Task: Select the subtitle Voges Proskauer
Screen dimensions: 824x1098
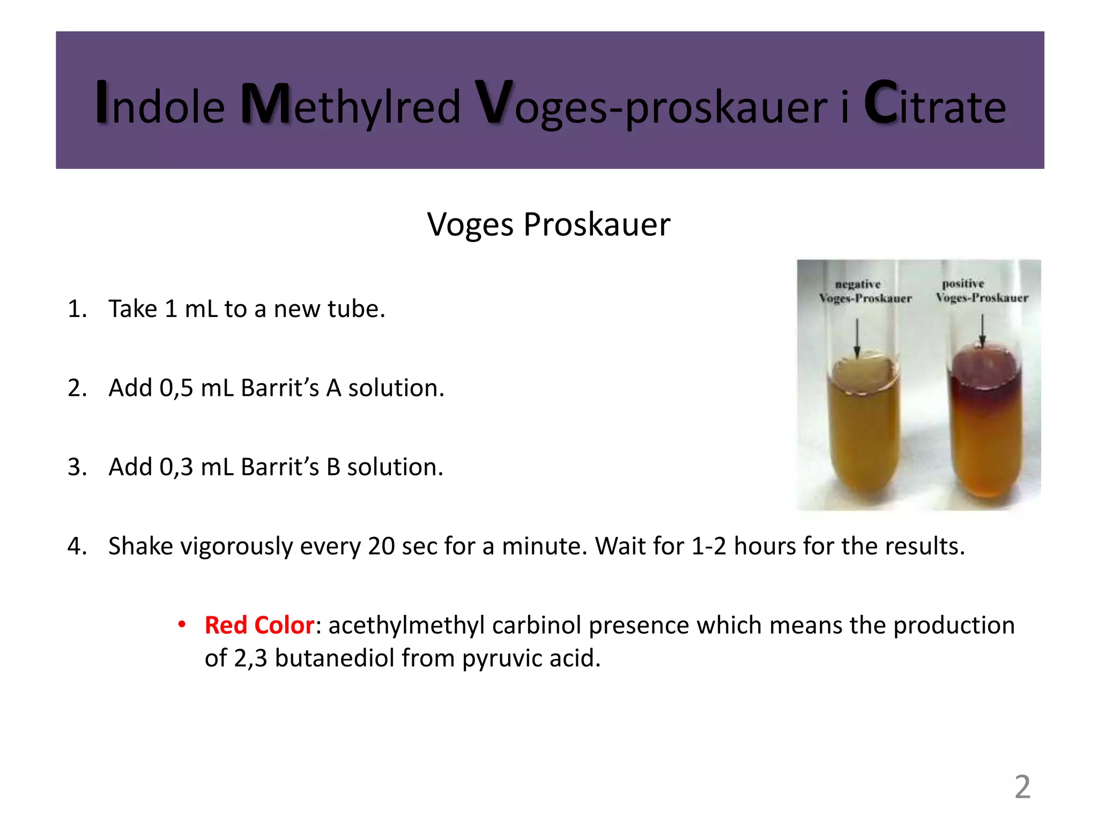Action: pos(548,224)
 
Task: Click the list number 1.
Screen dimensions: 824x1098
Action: pos(77,309)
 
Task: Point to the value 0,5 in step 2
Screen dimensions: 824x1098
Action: pos(176,388)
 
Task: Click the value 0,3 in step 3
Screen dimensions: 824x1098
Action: pos(176,467)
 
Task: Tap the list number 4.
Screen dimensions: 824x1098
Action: pos(77,546)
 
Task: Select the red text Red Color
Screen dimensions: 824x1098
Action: pos(259,626)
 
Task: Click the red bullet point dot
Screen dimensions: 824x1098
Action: pos(182,624)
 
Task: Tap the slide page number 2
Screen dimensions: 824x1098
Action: pos(1022,787)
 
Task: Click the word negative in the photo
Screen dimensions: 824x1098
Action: pos(857,284)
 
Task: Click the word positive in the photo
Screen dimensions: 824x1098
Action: pos(963,283)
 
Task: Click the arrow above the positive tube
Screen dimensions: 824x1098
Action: pos(982,330)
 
